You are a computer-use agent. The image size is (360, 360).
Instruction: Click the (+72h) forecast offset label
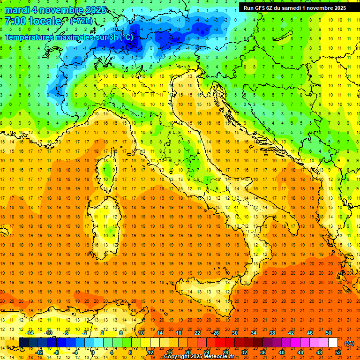click(x=81, y=21)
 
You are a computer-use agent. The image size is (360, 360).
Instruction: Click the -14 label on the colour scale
click(x=30, y=333)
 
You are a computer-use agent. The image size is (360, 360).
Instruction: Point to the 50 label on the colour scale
click(x=328, y=333)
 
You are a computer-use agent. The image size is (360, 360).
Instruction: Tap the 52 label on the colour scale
click(x=337, y=352)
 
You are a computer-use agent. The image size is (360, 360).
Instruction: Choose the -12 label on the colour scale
click(x=39, y=352)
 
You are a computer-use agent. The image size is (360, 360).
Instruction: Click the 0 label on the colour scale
click(x=93, y=352)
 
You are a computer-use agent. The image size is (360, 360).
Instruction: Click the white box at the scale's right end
click(x=333, y=343)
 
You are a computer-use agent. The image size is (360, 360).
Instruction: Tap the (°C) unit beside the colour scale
click(x=349, y=343)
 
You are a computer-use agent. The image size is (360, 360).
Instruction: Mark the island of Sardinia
click(x=103, y=220)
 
